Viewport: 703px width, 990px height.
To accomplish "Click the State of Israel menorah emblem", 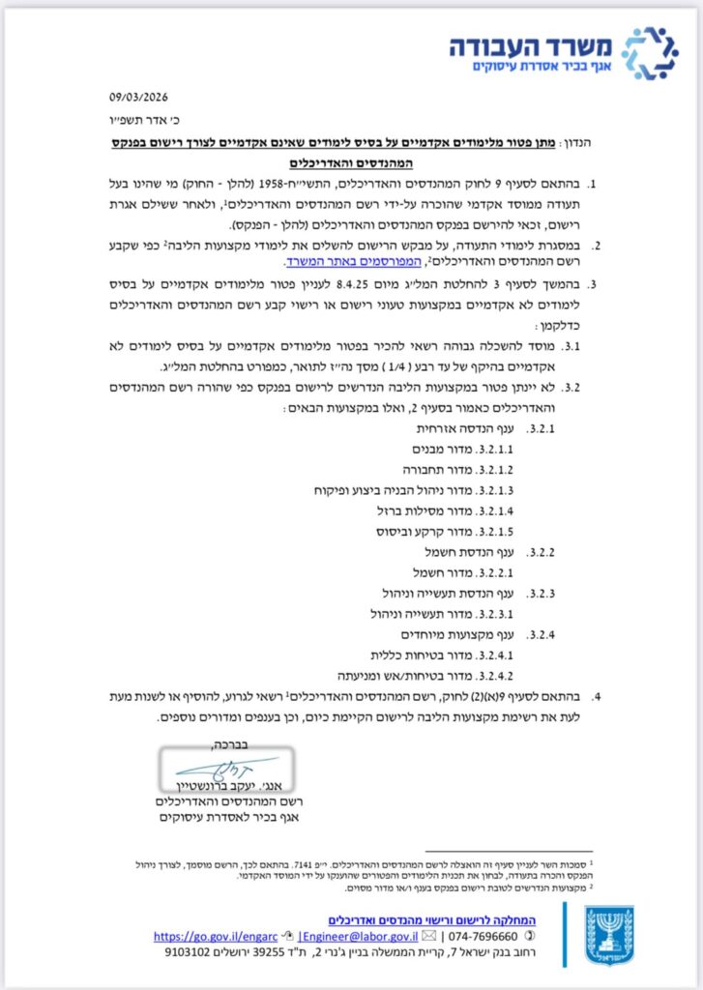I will [x=612, y=932].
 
